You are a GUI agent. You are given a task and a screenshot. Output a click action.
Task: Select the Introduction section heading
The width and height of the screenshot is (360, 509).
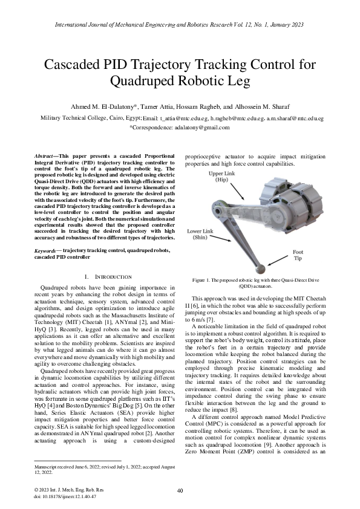(x=106, y=276)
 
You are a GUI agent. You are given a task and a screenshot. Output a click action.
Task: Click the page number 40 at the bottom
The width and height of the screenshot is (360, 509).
(x=180, y=490)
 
